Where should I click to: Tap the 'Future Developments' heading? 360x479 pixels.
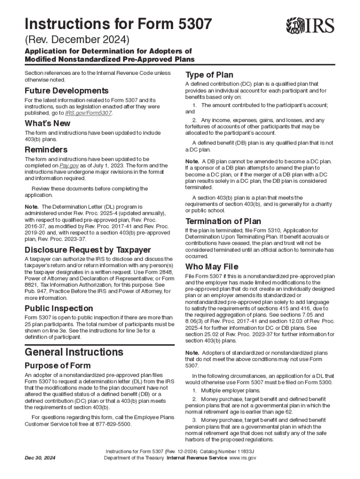pos(66,90)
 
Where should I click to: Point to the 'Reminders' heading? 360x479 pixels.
pos(46,150)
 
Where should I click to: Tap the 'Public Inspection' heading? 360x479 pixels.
pos(58,308)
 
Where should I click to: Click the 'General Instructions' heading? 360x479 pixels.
pos(74,352)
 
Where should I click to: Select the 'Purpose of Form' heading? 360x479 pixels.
pos(58,365)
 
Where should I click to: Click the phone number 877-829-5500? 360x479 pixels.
pos(114,424)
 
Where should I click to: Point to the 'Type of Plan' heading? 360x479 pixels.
pos(209,75)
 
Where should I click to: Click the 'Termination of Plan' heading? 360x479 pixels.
pos(223,221)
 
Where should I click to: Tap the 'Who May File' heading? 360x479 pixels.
pos(212,267)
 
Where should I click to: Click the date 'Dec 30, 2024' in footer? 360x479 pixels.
pos(40,458)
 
